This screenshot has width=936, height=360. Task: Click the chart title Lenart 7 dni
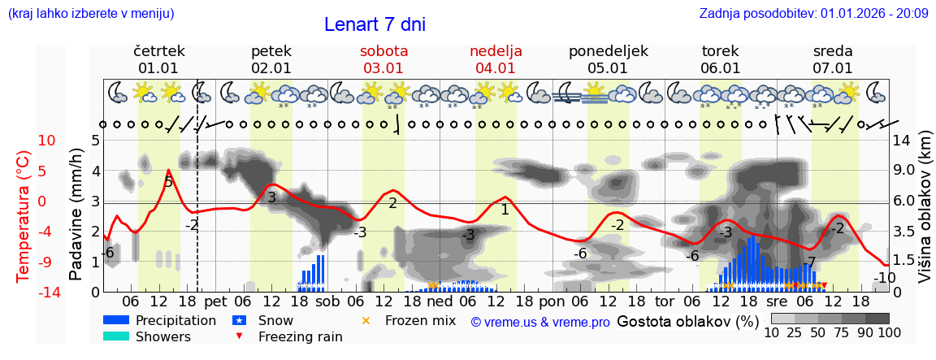click(375, 24)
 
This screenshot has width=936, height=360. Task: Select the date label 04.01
click(496, 68)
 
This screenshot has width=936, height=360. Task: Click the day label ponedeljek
click(608, 51)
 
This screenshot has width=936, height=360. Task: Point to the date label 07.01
click(832, 68)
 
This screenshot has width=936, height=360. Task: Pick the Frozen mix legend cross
click(366, 320)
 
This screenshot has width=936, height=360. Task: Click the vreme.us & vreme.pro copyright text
click(540, 322)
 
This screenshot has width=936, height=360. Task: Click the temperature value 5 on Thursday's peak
click(168, 182)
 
